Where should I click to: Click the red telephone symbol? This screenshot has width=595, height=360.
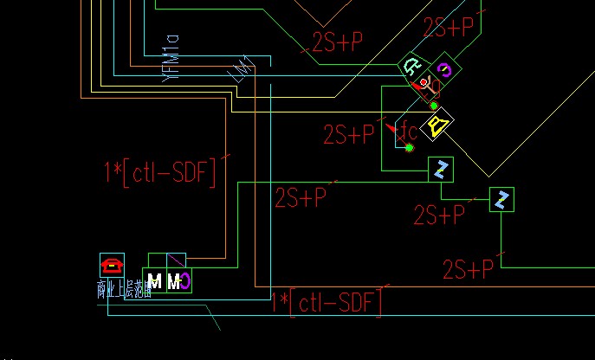(x=113, y=264)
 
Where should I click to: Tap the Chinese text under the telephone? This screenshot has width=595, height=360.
(x=125, y=290)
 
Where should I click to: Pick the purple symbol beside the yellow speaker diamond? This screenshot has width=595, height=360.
(x=444, y=70)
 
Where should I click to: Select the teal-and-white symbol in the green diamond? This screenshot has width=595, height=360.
(x=413, y=67)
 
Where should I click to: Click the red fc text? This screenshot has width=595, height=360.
(x=407, y=132)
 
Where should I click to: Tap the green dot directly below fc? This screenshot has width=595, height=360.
(x=410, y=148)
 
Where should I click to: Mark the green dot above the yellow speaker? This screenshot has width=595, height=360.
(x=434, y=106)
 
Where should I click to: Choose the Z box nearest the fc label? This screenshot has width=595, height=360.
(x=441, y=170)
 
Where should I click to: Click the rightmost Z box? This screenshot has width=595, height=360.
(x=501, y=200)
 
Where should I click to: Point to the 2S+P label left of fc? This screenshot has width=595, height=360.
(x=349, y=134)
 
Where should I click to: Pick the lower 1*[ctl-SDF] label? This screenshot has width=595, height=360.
(x=327, y=303)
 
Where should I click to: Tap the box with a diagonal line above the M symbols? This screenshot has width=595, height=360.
(x=176, y=260)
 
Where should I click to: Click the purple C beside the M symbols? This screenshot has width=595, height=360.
(x=185, y=280)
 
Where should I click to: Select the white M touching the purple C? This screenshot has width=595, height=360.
(x=174, y=281)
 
